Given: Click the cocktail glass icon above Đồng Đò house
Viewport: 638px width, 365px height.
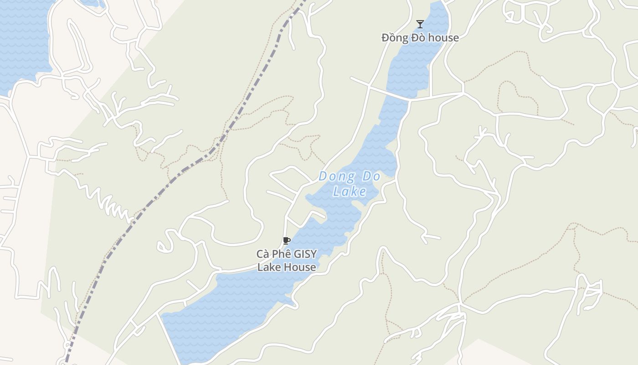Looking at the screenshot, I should [420, 24].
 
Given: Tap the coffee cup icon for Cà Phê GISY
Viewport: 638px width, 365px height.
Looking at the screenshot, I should [286, 240].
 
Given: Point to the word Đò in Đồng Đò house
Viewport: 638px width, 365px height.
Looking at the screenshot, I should [419, 37].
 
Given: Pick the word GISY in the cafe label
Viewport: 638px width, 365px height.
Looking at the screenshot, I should [306, 254].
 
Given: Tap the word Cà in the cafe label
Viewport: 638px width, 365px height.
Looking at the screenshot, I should [262, 254].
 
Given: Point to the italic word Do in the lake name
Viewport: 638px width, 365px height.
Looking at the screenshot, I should [371, 176].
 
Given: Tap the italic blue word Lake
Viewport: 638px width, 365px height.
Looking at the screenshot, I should [350, 191].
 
